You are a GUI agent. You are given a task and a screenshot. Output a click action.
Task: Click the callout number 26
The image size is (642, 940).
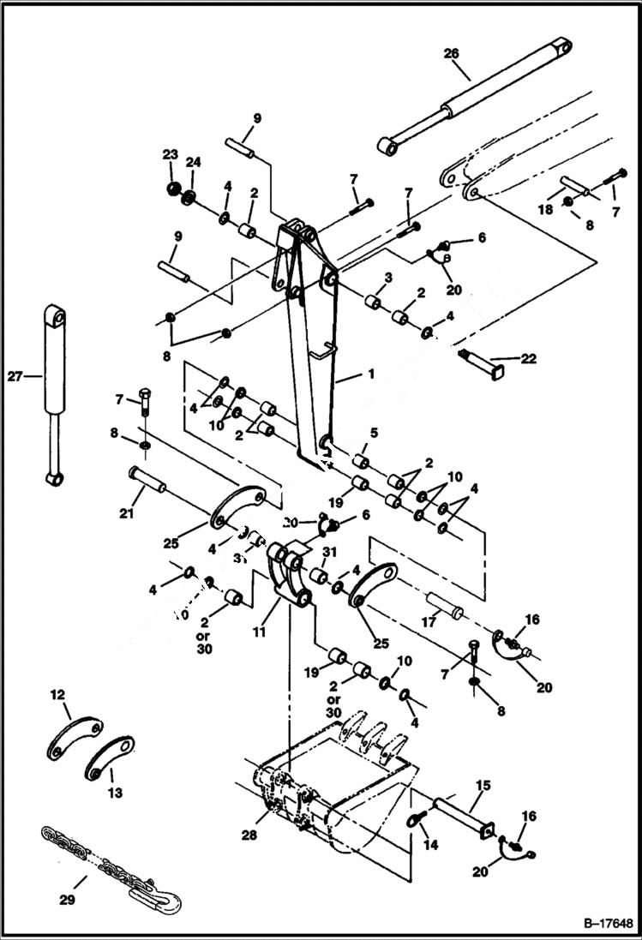tap(452, 54)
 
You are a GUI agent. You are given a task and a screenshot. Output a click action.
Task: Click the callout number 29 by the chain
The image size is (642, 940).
tap(67, 900)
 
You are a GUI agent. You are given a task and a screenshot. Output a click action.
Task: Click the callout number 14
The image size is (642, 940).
tap(430, 845)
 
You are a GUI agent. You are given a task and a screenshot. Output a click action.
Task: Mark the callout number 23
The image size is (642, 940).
tap(170, 154)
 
